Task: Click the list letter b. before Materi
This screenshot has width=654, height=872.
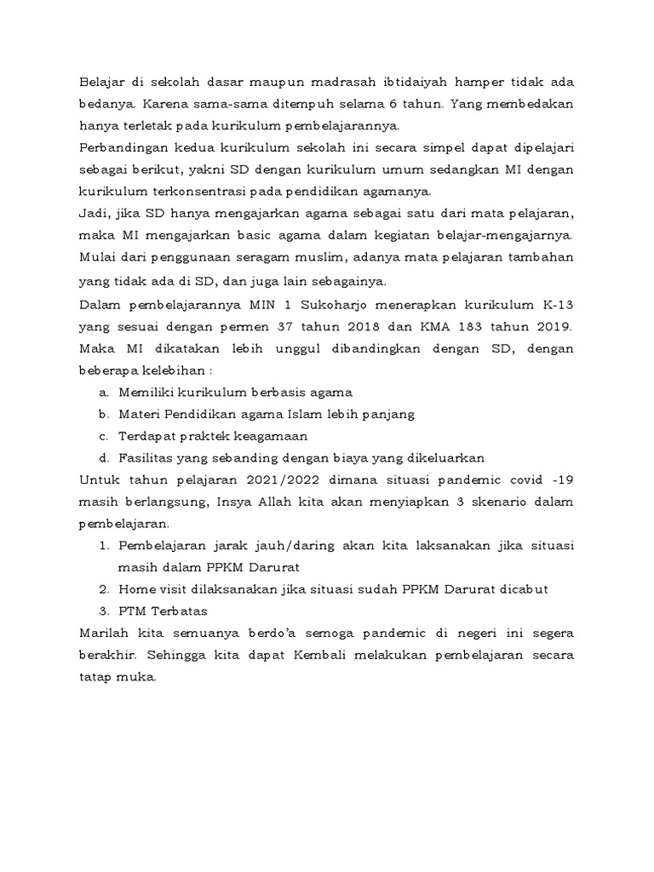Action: click(104, 415)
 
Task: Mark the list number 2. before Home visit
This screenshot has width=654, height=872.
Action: click(104, 589)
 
